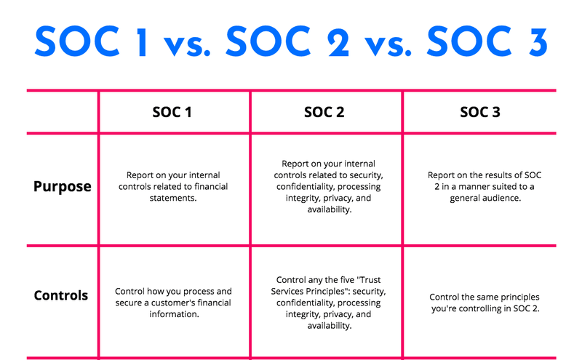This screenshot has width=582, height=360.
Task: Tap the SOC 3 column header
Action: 480,113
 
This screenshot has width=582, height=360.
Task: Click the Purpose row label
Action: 63,187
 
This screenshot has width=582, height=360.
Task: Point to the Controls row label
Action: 61,296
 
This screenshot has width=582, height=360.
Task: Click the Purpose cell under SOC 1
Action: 172,187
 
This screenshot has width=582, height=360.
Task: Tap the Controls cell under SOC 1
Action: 173,303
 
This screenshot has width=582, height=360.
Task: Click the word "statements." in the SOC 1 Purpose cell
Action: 173,198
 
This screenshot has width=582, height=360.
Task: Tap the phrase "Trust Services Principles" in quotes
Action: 324,285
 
